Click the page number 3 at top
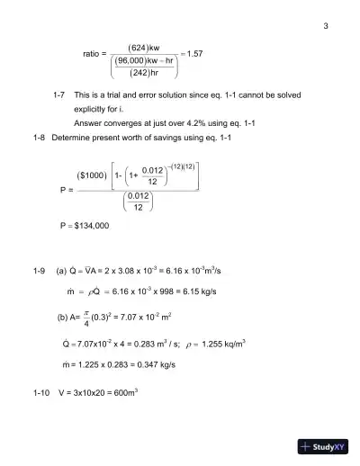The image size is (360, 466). [325, 25]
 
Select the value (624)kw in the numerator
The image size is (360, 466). [143, 46]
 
